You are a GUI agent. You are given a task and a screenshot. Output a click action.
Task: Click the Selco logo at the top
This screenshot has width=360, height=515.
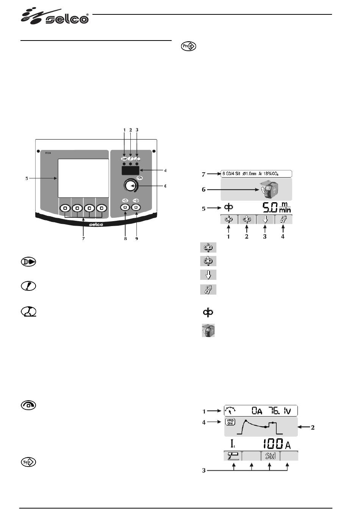tap(55, 17)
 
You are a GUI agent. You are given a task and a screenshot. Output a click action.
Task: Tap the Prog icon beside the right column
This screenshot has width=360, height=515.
tap(189, 46)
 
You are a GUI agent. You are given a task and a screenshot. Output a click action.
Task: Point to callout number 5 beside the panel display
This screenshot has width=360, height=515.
tap(27, 178)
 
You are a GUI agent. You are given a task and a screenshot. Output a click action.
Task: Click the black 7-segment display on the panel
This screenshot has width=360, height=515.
tap(130, 170)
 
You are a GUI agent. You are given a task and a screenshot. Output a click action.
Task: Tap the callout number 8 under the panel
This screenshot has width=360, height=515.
tap(125, 239)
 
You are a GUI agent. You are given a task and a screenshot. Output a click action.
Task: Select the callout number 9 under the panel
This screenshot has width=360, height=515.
tap(136, 239)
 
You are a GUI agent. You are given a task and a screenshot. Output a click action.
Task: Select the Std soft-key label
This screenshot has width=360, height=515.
tap(270, 456)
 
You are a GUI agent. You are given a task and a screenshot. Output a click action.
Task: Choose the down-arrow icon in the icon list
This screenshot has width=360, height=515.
tap(208, 275)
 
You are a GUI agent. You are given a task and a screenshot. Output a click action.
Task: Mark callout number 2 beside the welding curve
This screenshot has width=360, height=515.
tap(312, 428)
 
